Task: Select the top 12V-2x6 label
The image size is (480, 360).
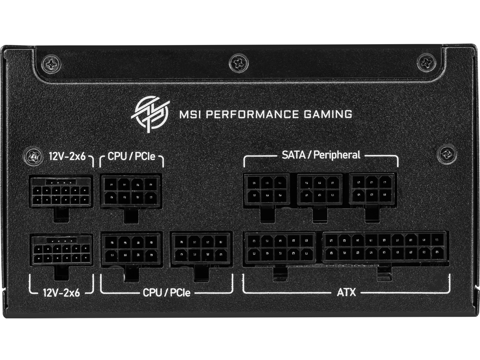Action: [67, 155]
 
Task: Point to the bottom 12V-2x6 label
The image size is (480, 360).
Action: [61, 292]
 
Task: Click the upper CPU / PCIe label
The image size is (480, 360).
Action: [132, 156]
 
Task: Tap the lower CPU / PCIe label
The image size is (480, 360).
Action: [166, 292]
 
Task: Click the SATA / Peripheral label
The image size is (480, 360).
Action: [321, 154]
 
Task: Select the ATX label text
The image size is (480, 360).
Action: [346, 292]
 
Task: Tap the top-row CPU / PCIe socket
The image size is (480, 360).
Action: [131, 190]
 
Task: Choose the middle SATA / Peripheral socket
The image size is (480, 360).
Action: [319, 189]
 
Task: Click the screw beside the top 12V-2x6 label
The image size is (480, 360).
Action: [34, 155]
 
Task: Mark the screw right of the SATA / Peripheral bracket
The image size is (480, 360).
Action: [446, 153]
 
